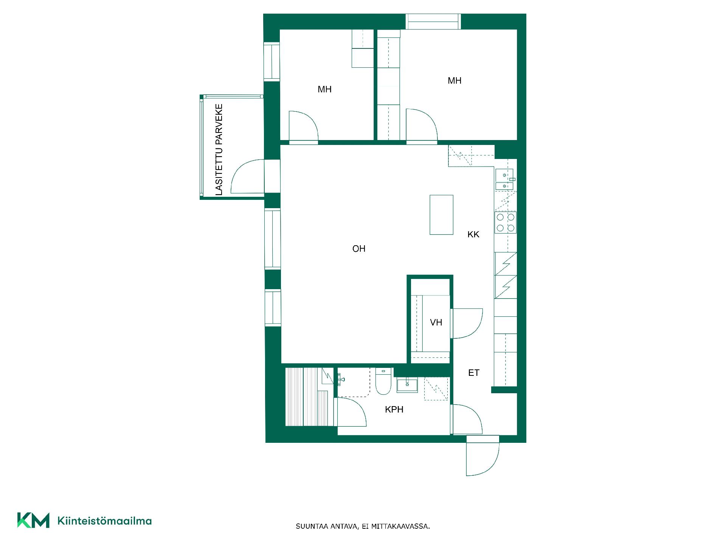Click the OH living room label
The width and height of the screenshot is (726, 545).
coord(359,249)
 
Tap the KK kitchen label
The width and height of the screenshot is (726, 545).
coord(473,235)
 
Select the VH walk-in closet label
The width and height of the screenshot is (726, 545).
coord(436,322)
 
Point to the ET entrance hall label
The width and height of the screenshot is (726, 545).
coord(474,373)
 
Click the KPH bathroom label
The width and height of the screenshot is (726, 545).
coord(394,410)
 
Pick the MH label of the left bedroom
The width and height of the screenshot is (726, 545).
coord(324,89)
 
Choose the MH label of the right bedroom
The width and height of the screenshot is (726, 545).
coord(455,81)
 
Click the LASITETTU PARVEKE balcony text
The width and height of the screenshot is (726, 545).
coord(219,150)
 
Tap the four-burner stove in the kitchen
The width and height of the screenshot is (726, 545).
coord(506,223)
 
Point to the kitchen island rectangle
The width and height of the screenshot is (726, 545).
coord(441,215)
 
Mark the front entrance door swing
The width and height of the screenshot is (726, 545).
coord(483,456)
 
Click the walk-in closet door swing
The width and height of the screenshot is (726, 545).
coord(467,323)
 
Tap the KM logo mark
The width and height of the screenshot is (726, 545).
coord(33,520)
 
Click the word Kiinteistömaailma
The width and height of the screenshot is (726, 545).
coord(104,521)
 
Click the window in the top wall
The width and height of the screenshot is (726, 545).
coord(433,22)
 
